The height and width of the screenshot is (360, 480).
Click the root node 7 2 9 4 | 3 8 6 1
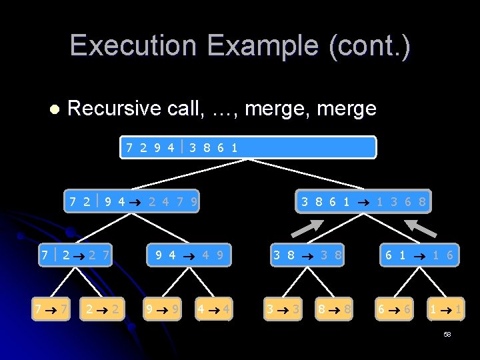[x=248, y=147]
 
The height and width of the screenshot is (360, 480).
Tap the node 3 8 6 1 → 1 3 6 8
[x=363, y=201]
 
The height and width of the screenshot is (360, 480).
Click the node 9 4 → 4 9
[x=189, y=254]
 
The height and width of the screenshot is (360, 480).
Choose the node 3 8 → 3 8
[x=307, y=254]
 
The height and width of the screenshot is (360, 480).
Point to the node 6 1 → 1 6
[x=419, y=254]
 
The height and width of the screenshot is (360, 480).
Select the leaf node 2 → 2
[x=103, y=309]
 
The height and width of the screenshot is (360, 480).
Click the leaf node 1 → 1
[x=445, y=309]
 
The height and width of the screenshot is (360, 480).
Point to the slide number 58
[x=447, y=334]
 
